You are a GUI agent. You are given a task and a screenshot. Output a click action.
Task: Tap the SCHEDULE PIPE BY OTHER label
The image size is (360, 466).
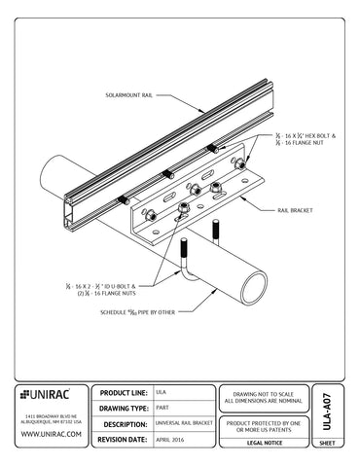pyautogui.click(x=137, y=312)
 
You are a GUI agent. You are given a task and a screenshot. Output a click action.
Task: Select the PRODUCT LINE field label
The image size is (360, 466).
pyautogui.click(x=130, y=392)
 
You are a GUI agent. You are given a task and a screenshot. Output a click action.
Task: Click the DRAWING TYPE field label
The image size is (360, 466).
pyautogui.click(x=130, y=409)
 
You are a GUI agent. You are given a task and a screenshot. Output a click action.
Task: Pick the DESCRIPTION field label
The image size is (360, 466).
pyautogui.click(x=130, y=425)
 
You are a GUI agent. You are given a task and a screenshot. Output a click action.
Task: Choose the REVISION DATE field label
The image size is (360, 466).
pyautogui.click(x=130, y=441)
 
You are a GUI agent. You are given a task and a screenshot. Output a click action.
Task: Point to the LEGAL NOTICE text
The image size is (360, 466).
pyautogui.click(x=264, y=442)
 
